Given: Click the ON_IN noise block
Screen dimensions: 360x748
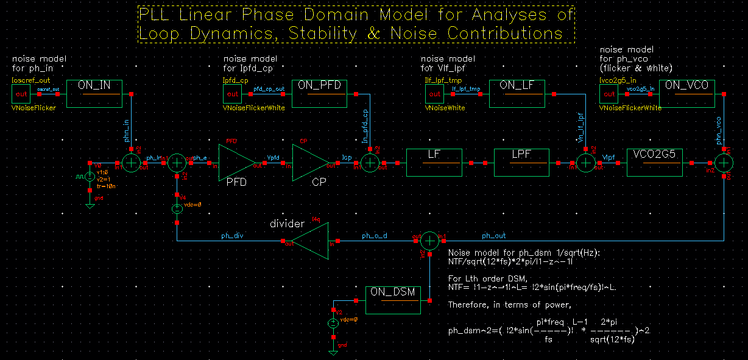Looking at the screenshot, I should click(94, 93).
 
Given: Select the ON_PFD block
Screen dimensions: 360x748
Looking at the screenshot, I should click(319, 93).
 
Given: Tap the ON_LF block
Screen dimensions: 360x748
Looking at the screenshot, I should click(516, 93).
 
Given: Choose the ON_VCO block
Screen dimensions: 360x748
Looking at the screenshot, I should click(687, 93).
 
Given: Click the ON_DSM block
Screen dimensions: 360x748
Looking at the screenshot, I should click(394, 300).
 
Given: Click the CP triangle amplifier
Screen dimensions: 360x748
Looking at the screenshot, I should click(311, 163).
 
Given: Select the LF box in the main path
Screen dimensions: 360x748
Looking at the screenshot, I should click(434, 162).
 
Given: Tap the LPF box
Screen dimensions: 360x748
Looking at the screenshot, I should click(521, 162).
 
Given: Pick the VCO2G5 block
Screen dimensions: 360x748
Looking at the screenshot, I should click(654, 162).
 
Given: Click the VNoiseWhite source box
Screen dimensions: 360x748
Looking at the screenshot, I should click(434, 94).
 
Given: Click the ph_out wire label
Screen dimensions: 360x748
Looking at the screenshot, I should click(493, 236).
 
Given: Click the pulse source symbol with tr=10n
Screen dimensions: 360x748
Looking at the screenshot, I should click(89, 177).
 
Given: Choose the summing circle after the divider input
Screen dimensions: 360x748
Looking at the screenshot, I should click(430, 241).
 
